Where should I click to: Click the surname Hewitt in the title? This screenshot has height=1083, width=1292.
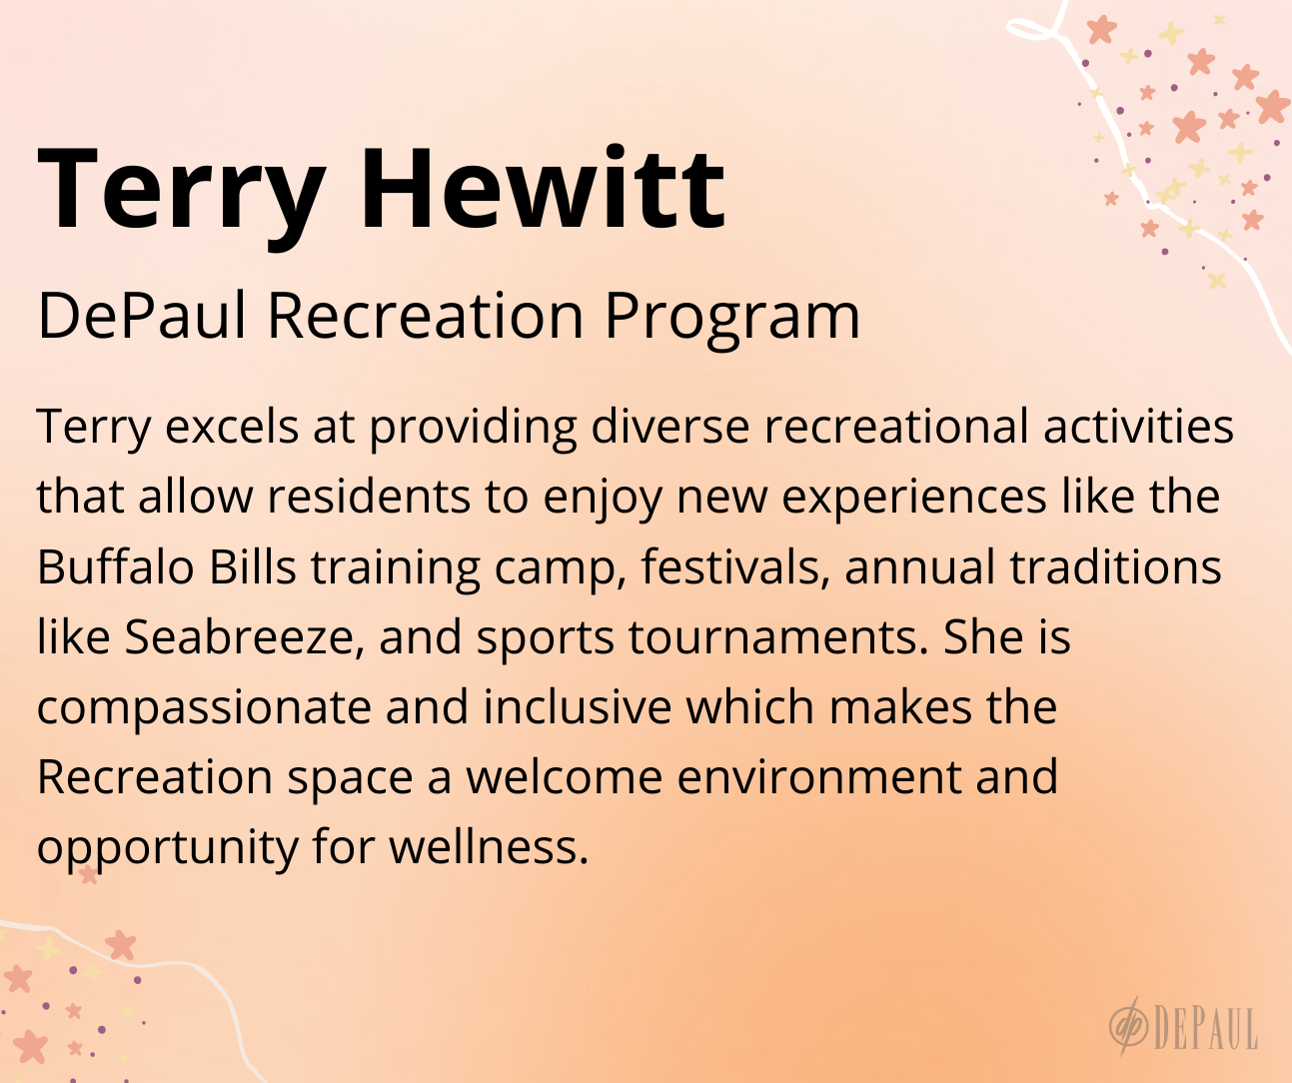pyautogui.click(x=544, y=188)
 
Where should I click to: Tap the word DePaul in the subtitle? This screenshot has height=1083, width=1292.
pyautogui.click(x=142, y=315)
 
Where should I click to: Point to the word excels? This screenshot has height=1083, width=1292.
pyautogui.click(x=232, y=427)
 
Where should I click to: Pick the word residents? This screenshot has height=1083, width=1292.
pyautogui.click(x=369, y=497)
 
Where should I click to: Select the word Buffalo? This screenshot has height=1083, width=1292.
pyautogui.click(x=116, y=566)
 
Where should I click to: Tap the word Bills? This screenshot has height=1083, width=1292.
pyautogui.click(x=253, y=566)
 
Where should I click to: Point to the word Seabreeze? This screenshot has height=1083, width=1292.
pyautogui.click(x=245, y=638)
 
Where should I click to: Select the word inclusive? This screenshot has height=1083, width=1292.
pyautogui.click(x=578, y=706)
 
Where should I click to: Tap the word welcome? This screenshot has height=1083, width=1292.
pyautogui.click(x=565, y=776)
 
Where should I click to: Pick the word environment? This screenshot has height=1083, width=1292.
pyautogui.click(x=819, y=777)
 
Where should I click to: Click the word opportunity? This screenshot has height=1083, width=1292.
pyautogui.click(x=168, y=849)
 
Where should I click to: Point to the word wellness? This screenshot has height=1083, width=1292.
pyautogui.click(x=489, y=846)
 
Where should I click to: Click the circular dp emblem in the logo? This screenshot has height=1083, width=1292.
pyautogui.click(x=1129, y=1029)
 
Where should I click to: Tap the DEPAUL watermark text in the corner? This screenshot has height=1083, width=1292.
pyautogui.click(x=1205, y=1029)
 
